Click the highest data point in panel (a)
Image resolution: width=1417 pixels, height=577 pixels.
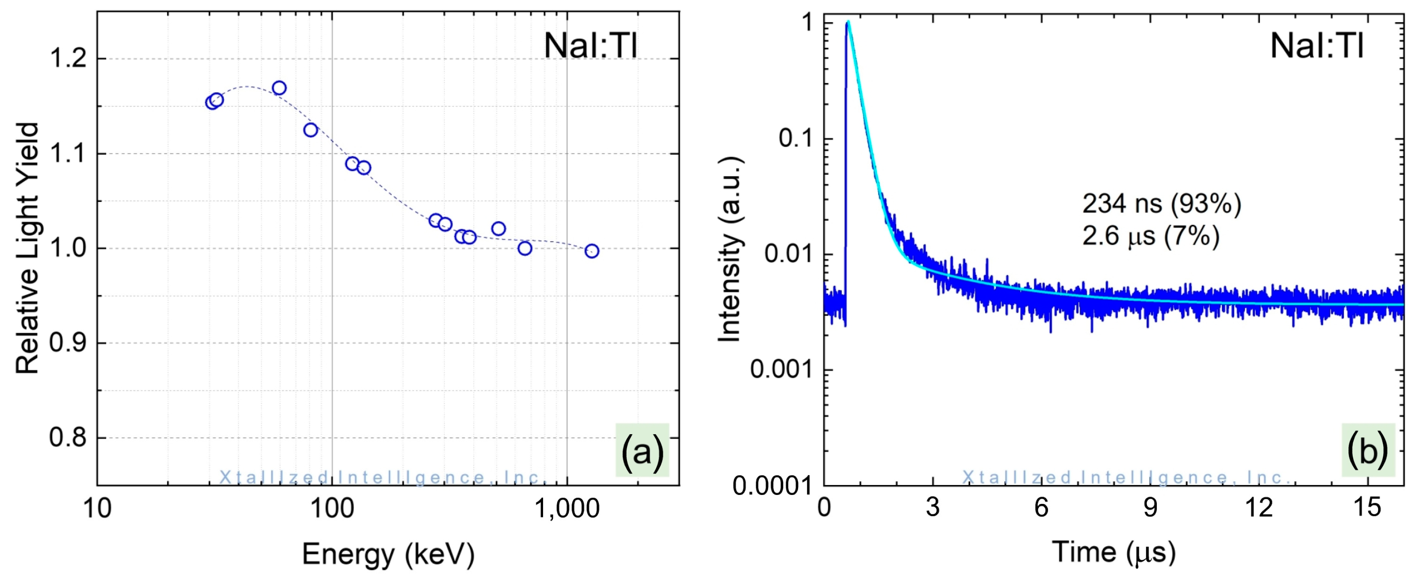(x=279, y=88)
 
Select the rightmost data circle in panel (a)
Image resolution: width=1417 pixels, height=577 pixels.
(x=591, y=251)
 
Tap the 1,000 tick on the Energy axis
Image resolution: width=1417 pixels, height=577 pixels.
(x=567, y=508)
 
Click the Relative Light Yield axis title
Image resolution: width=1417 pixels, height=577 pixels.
(x=27, y=249)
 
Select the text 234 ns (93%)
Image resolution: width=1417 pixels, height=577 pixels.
(x=1161, y=204)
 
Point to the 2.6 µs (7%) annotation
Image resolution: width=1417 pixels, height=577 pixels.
(x=1151, y=236)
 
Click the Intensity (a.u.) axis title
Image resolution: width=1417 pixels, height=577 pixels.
(x=730, y=249)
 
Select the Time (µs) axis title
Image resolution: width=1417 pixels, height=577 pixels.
(x=1114, y=552)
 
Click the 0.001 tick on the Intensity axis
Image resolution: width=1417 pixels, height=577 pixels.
(x=781, y=369)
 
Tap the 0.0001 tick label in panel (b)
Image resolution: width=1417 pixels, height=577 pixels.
(x=772, y=485)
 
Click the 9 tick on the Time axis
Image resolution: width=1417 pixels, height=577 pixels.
(x=1150, y=507)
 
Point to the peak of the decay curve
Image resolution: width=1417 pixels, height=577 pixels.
(x=848, y=23)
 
